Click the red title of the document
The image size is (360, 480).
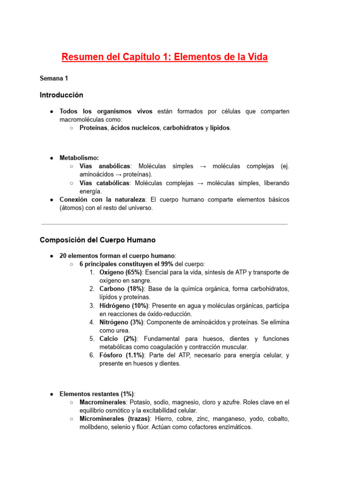(x=165, y=57)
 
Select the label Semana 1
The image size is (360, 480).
(x=54, y=78)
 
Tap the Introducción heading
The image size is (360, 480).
(x=61, y=95)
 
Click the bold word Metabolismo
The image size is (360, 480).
(x=79, y=158)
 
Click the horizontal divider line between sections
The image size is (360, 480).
(x=164, y=224)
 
